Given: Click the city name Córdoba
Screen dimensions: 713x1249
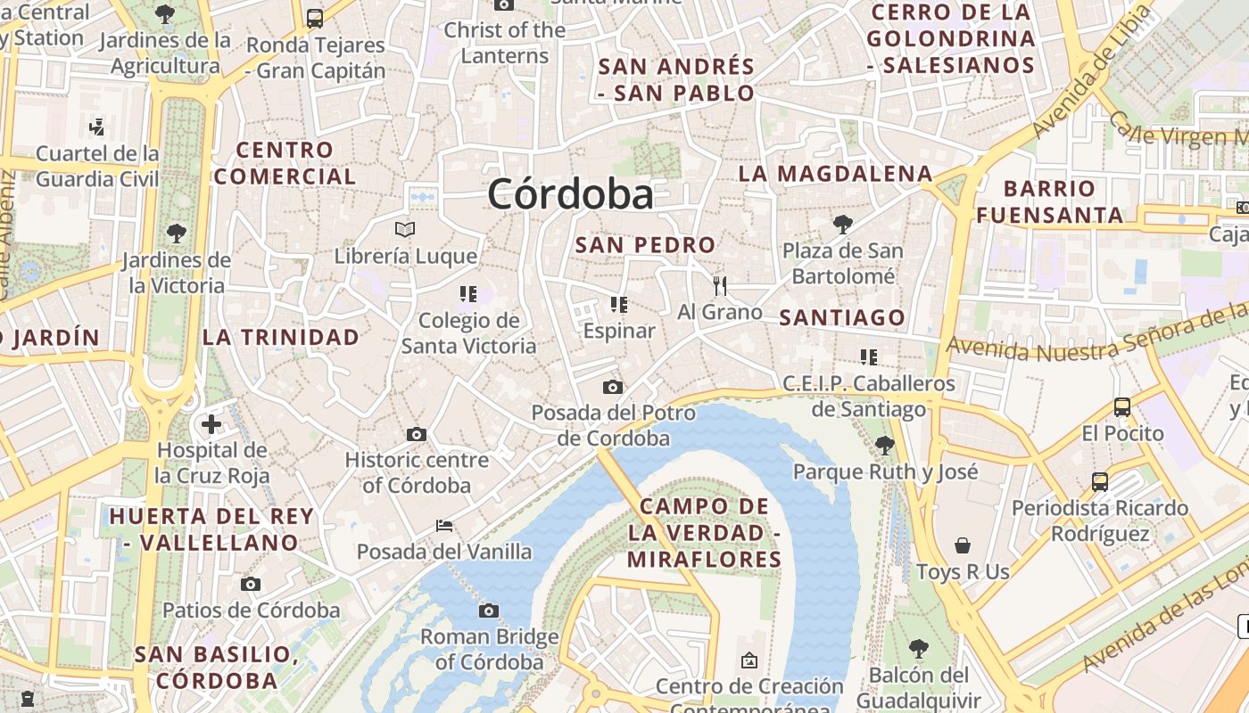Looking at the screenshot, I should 570,194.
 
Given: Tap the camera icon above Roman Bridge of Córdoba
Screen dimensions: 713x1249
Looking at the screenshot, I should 488,611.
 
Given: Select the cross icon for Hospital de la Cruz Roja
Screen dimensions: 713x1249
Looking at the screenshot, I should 211,423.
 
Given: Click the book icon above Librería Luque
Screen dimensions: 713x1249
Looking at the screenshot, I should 405,229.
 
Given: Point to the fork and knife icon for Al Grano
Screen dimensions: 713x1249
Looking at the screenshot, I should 720,285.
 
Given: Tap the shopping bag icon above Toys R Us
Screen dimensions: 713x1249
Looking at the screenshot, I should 963,545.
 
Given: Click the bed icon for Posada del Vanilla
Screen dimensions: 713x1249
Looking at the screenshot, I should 444,525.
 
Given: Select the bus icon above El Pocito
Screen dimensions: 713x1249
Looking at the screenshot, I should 1122,407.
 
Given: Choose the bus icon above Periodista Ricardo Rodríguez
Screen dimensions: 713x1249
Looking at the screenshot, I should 1100,482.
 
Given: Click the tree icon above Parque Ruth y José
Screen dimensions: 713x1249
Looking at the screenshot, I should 885,445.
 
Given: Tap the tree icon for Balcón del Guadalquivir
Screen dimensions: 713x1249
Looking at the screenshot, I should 919,648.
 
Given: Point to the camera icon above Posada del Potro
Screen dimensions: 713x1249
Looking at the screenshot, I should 613,387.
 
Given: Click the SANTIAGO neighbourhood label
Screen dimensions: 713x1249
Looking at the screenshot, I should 842,317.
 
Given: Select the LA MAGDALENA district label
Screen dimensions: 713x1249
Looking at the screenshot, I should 835,174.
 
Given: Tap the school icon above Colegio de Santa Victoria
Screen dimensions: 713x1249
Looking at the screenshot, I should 468,293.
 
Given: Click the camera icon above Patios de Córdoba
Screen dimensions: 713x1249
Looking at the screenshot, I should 251,584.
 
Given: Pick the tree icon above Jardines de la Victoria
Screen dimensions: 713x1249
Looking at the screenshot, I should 177,234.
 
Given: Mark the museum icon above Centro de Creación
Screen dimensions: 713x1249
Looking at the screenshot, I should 749,660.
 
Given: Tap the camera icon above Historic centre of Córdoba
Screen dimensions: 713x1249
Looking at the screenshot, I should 417,434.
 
